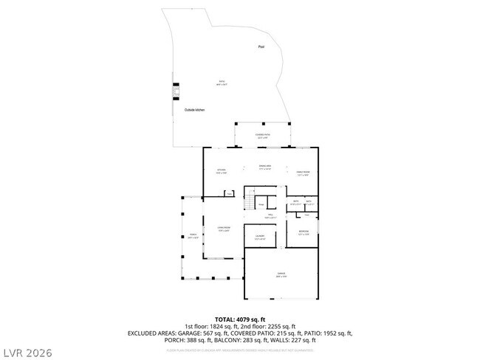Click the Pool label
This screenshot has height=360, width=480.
[x=261, y=47]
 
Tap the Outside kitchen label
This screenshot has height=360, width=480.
[x=195, y=110]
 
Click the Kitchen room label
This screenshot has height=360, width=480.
[x=220, y=172]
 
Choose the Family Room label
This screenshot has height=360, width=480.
[x=303, y=173]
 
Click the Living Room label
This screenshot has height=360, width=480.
[x=224, y=228]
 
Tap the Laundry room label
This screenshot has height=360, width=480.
[x=259, y=237]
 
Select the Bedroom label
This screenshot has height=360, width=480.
[x=304, y=233]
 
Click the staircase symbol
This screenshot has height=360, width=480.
[x=250, y=203]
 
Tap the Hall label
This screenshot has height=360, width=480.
[x=270, y=215]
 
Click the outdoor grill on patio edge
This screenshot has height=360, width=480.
[x=176, y=92]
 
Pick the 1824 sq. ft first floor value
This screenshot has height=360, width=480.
[x=217, y=325]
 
